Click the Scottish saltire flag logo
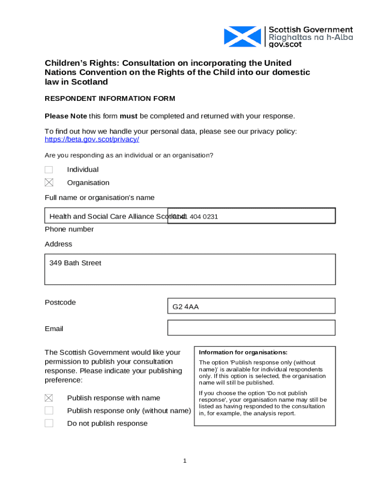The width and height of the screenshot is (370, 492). pyautogui.click(x=242, y=37)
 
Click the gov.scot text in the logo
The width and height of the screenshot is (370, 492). pyautogui.click(x=285, y=44)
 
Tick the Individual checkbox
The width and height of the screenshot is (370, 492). pyautogui.click(x=49, y=170)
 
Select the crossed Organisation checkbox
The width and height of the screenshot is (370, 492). pyautogui.click(x=49, y=183)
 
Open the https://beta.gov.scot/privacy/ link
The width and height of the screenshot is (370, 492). pyautogui.click(x=92, y=139)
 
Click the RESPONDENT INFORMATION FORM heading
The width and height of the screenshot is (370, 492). pyautogui.click(x=110, y=98)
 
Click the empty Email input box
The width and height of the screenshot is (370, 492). pyautogui.click(x=251, y=328)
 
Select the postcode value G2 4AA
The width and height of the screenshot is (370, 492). pyautogui.click(x=185, y=307)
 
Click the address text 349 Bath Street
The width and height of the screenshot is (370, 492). pyautogui.click(x=75, y=263)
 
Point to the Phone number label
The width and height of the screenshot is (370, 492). pyautogui.click(x=69, y=229)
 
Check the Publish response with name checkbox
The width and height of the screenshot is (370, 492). pyautogui.click(x=49, y=398)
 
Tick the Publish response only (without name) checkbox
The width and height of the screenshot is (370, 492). pyautogui.click(x=49, y=410)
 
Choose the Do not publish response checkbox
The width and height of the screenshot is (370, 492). pyautogui.click(x=49, y=423)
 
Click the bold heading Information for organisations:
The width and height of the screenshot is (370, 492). pyautogui.click(x=243, y=352)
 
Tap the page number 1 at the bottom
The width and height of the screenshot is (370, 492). pyautogui.click(x=185, y=461)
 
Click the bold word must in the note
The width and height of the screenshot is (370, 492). pyautogui.click(x=129, y=116)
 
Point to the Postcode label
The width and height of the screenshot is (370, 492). pyautogui.click(x=60, y=302)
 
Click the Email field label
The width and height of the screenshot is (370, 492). pyautogui.click(x=54, y=329)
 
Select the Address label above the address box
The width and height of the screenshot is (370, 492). pyautogui.click(x=58, y=244)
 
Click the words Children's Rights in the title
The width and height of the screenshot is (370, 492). pyautogui.click(x=77, y=63)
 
